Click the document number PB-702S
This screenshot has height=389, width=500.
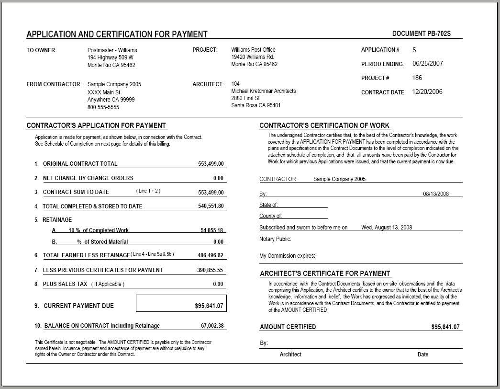[x=421, y=34]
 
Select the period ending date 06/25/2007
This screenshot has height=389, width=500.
[x=427, y=63]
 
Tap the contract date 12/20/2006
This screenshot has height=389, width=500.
[x=427, y=92]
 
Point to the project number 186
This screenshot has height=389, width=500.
[x=417, y=78]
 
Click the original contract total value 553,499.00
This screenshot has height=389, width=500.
[x=211, y=164]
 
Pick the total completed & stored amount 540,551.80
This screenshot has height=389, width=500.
[x=211, y=206]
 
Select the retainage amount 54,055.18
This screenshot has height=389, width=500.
[x=211, y=230]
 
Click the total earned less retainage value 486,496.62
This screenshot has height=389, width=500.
[x=211, y=255]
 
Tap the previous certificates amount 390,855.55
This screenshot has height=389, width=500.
[x=210, y=270]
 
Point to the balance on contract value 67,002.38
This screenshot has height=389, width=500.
[x=212, y=326]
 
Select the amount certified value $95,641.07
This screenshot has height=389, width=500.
[x=445, y=327]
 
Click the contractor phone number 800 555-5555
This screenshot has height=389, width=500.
[x=103, y=107]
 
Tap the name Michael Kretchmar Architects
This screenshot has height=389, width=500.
[x=264, y=91]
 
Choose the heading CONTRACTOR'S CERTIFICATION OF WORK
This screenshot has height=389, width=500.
[x=324, y=126]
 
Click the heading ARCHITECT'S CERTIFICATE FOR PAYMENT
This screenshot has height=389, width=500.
[x=325, y=274]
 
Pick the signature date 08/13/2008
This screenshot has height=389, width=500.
[x=436, y=194]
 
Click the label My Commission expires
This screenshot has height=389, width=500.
[x=287, y=256]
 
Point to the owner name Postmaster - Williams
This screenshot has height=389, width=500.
[x=112, y=50]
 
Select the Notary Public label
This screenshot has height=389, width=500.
[x=275, y=239]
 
